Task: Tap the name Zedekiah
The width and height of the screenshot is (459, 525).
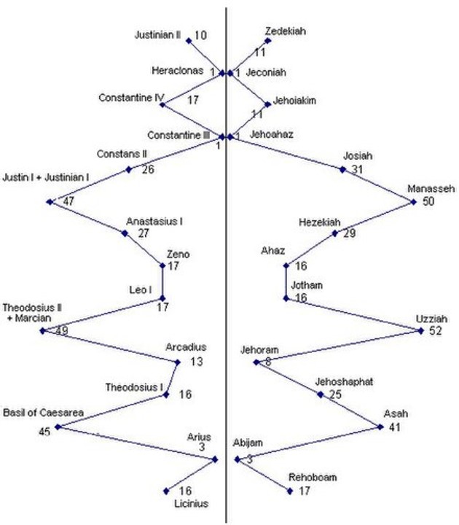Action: [286, 31]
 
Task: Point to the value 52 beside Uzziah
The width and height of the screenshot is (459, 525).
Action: [436, 331]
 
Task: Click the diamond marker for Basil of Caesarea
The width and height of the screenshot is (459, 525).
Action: [57, 427]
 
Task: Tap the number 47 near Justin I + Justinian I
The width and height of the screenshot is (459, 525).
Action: [69, 201]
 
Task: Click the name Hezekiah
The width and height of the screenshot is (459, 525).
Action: [319, 222]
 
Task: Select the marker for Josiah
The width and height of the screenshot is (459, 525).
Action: [343, 169]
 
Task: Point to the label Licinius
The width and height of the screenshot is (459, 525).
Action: [191, 503]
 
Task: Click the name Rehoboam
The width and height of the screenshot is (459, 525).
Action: [313, 478]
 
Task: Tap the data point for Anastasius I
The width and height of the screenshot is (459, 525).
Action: [125, 233]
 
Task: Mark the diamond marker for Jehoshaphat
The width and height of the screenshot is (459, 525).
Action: [320, 394]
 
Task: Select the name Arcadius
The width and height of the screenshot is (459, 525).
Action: [186, 346]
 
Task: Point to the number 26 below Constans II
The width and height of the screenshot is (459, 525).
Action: [148, 171]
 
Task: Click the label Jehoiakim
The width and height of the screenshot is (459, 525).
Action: [294, 100]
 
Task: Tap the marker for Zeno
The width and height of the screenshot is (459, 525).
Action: [162, 265]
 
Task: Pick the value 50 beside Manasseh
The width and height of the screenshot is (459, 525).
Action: [428, 202]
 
